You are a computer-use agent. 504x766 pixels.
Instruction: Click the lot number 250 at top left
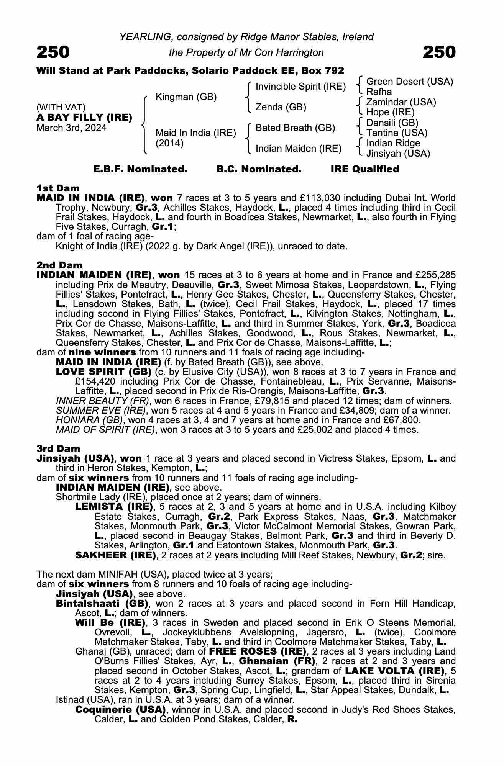pos(53,52)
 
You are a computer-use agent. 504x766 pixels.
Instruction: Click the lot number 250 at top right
pos(439,52)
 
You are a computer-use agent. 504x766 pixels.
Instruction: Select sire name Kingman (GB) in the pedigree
pos(186,97)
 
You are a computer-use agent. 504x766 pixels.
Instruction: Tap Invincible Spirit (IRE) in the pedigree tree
pos(300,87)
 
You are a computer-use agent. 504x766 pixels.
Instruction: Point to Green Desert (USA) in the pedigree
pos(409,81)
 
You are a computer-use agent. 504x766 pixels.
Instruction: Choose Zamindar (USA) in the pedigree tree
pos(401,102)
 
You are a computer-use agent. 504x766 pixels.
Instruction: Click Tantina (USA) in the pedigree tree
pos(397,133)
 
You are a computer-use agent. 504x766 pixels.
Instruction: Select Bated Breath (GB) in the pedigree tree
pos(295,128)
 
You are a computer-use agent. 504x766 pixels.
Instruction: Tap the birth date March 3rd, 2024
pos(71,128)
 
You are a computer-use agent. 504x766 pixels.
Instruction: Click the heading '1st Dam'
pos(58,188)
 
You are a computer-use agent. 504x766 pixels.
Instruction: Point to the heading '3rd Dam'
pos(58,448)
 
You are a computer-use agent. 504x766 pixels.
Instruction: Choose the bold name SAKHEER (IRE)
pos(115,555)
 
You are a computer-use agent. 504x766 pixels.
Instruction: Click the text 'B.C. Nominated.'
pos(259,169)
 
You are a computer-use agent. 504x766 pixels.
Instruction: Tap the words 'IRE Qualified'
pos(364,169)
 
